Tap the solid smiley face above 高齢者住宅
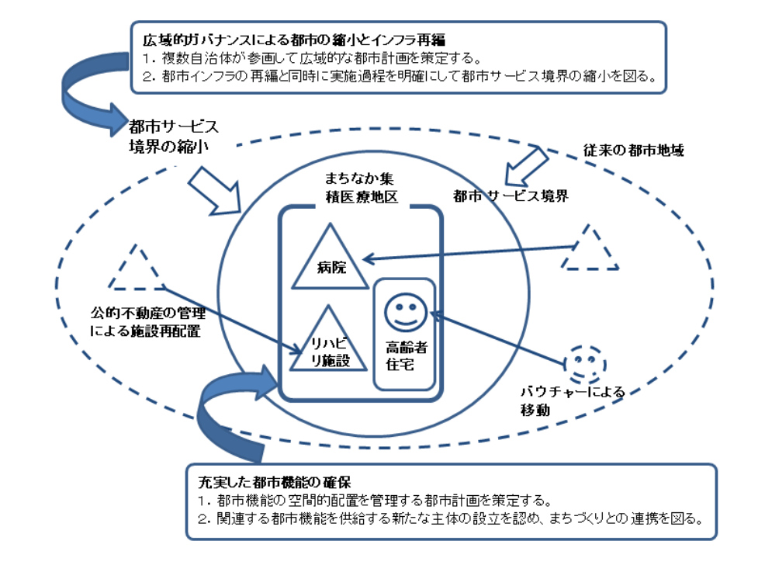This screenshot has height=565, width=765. point(403,310)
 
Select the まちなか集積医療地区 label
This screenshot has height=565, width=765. point(361,188)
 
